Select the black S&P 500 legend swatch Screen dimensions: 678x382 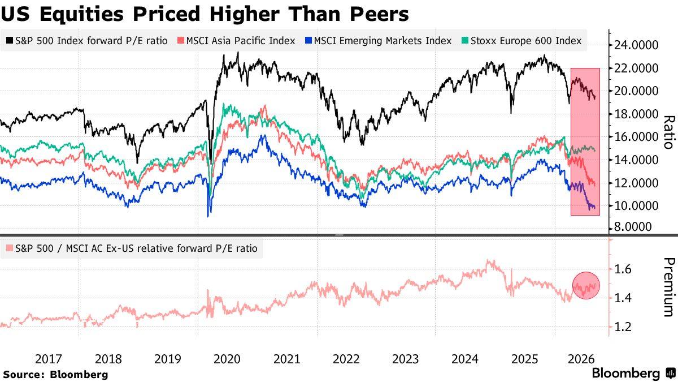click(x=10, y=40)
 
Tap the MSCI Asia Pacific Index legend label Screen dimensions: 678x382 click(x=241, y=41)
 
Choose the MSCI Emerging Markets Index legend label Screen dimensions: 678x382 click(x=383, y=41)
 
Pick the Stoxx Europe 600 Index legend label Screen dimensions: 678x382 click(x=526, y=41)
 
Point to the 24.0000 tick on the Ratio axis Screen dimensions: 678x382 click(x=636, y=45)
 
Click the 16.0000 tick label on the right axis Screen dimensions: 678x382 click(x=636, y=137)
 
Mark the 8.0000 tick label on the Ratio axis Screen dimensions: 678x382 click(x=633, y=226)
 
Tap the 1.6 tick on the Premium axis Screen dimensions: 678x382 click(x=623, y=269)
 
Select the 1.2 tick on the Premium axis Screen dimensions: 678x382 click(x=623, y=327)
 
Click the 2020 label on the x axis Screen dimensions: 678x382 click(x=227, y=359)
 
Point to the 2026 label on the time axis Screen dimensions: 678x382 click(x=581, y=359)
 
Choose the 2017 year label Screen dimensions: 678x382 click(x=49, y=359)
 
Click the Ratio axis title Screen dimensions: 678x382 click(x=670, y=132)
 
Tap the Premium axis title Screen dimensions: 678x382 click(x=670, y=287)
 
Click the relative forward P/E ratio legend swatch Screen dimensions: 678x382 click(x=10, y=248)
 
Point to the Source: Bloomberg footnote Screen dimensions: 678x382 click(x=56, y=375)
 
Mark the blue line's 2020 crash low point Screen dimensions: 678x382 click(x=208, y=216)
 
